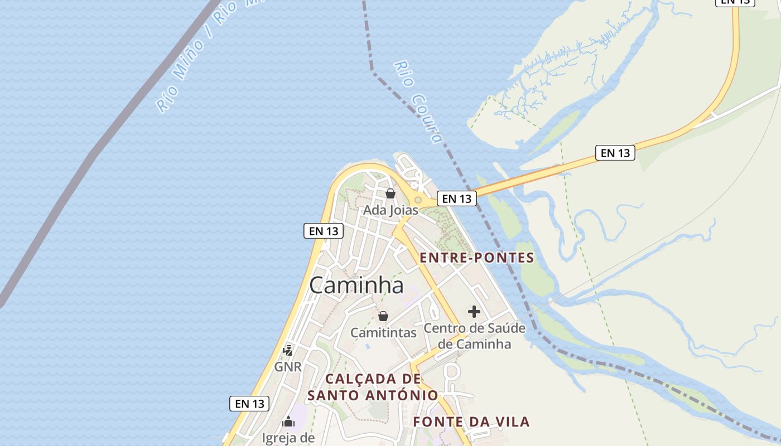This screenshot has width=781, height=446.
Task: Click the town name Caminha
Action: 356,285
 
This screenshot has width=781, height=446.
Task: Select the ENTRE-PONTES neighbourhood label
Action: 476,258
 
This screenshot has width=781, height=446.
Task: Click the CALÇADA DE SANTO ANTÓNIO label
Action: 373,387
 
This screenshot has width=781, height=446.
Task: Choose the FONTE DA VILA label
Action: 471,421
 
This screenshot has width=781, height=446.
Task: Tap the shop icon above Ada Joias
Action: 390,193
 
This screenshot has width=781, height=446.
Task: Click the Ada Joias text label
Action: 390,210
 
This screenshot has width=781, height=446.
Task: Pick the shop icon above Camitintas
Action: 383,316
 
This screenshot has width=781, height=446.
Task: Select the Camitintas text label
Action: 383,333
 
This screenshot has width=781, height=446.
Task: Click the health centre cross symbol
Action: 474,312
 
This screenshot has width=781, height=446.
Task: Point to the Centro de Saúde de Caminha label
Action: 474,336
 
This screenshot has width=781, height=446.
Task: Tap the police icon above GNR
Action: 288,350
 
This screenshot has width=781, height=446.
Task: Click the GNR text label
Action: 288,367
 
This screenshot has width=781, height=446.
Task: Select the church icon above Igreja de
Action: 288,421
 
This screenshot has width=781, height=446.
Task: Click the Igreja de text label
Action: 288,438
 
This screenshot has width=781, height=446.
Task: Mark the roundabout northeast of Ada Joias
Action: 418,200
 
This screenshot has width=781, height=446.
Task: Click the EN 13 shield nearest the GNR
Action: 249,404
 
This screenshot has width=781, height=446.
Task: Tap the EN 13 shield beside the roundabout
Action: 456,198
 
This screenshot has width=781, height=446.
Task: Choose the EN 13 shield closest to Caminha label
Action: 323,231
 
